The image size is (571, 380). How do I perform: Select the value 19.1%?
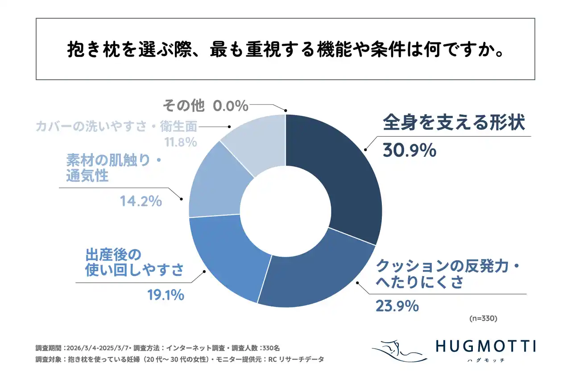[x=166, y=294]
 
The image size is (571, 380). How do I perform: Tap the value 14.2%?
[x=141, y=201]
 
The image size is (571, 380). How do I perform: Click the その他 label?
[x=183, y=106]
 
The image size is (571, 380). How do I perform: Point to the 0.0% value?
[x=230, y=106]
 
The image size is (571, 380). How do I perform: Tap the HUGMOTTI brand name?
[x=485, y=346]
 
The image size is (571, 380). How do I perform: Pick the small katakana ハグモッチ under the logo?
[x=485, y=360]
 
